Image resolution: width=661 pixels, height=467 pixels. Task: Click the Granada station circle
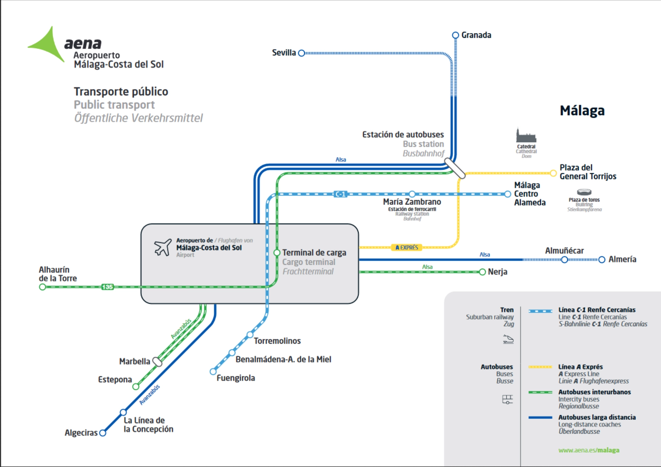click(455, 35)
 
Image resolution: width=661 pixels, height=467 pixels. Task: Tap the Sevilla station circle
click(302, 53)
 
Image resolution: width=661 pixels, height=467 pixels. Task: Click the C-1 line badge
click(340, 194)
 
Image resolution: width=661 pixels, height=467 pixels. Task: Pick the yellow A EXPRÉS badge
click(407, 247)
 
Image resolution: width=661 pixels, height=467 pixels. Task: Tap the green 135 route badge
click(107, 287)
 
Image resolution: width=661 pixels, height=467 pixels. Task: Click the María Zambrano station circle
click(412, 194)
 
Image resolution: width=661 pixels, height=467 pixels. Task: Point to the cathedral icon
click(526, 135)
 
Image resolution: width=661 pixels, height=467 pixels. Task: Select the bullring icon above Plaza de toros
click(584, 192)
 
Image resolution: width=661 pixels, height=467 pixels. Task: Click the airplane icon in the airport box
click(163, 247)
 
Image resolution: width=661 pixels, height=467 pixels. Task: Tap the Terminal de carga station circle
click(277, 253)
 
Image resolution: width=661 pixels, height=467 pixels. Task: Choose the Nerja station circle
click(482, 272)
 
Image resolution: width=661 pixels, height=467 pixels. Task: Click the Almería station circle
click(602, 260)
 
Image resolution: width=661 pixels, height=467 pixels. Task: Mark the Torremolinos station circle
click(250, 335)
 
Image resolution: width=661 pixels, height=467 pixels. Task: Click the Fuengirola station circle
click(213, 372)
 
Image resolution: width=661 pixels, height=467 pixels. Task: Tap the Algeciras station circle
click(103, 433)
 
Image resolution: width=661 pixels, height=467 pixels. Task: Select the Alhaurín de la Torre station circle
click(42, 287)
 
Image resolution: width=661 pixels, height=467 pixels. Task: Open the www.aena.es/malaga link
click(589, 450)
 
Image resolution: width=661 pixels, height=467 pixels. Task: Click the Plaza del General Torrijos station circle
click(553, 173)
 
